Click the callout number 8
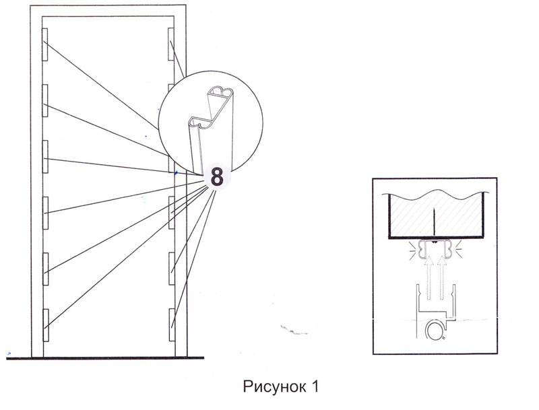tap(217, 177)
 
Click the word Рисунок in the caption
tap(273, 388)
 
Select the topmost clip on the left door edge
tap(44, 44)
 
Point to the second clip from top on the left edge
tap(44, 100)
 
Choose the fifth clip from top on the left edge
tap(44, 267)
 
